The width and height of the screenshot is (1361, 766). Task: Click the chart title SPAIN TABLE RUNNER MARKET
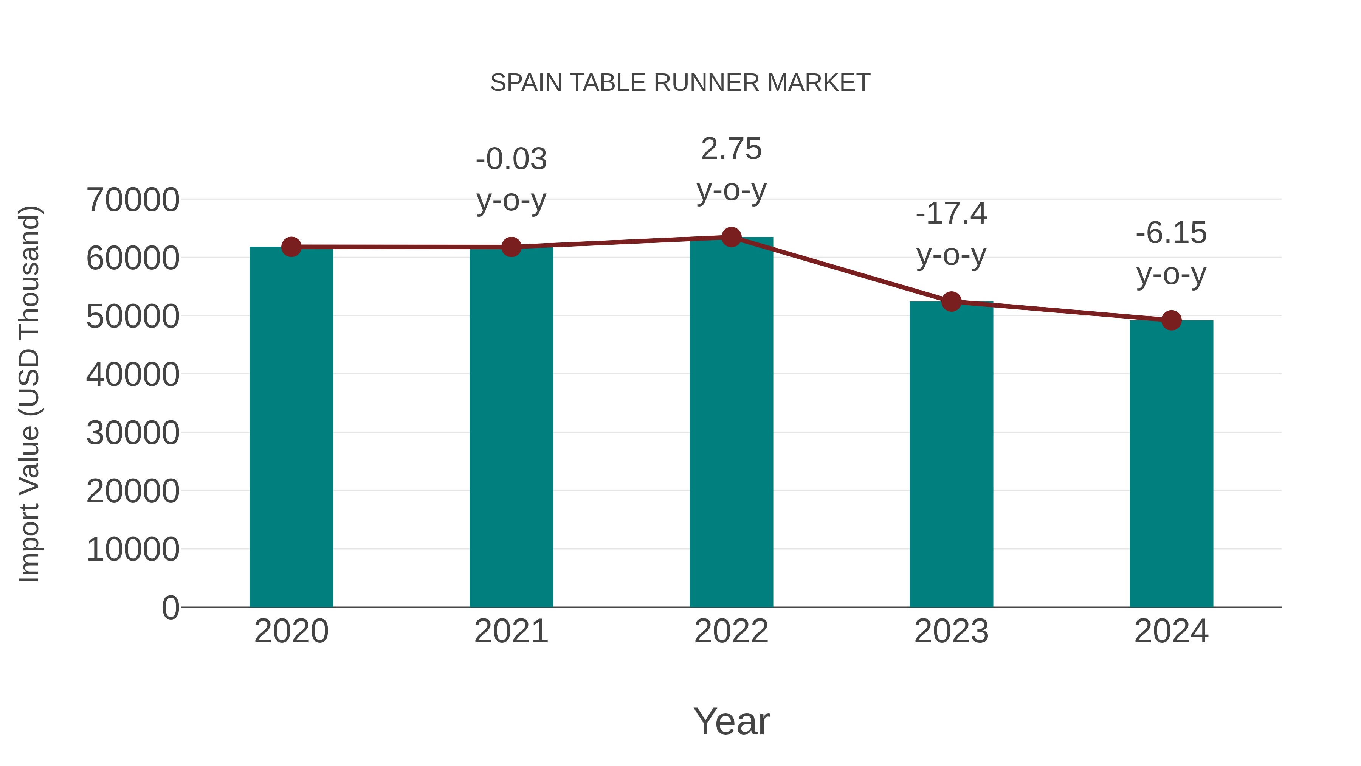point(680,82)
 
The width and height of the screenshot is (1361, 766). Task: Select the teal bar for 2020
point(291,428)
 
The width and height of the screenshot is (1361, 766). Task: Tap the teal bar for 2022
point(731,423)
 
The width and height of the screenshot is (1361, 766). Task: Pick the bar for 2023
point(951,455)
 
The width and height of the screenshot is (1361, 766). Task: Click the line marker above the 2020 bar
point(291,247)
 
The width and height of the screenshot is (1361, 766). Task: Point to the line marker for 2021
point(511,247)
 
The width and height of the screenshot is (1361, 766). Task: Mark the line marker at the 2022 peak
point(731,237)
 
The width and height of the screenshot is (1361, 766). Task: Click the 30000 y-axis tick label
point(133,433)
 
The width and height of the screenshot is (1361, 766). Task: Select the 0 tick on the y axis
point(170,608)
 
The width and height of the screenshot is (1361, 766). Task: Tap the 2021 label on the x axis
point(511,631)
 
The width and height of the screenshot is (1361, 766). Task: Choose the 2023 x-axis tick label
point(951,631)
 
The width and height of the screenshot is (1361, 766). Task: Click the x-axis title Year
point(731,721)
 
